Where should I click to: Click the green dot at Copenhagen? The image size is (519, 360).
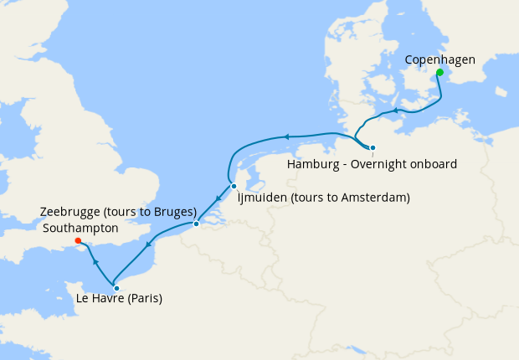click(x=439, y=72)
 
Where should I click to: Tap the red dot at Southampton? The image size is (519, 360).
click(x=78, y=241)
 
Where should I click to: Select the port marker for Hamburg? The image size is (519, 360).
click(x=373, y=148)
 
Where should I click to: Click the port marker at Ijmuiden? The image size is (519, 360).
click(x=234, y=186)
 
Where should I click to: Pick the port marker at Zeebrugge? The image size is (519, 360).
click(x=196, y=224)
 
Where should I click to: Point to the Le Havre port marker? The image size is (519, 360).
click(x=116, y=288)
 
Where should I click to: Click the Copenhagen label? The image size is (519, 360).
click(x=439, y=59)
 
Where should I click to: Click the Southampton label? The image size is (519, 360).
click(x=80, y=227)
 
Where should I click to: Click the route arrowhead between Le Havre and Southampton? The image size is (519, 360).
click(x=95, y=262)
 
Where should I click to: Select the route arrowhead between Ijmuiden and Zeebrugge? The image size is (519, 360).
click(x=217, y=199)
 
